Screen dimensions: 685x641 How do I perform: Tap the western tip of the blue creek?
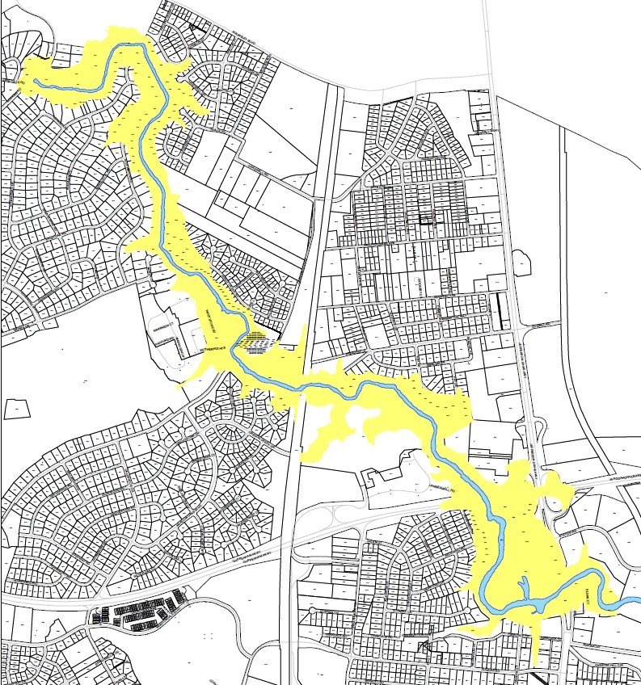tap(35, 79)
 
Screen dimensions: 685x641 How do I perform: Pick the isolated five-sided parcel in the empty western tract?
tap(16, 409)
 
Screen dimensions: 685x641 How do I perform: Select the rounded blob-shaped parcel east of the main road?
tap(520, 262)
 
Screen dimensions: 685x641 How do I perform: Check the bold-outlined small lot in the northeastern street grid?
tap(426, 216)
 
